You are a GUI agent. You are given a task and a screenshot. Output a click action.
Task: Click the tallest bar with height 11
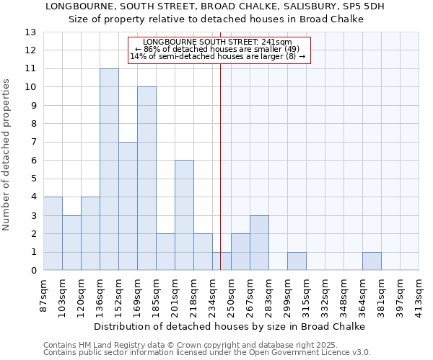(109, 169)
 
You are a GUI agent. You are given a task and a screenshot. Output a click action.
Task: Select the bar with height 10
(146, 179)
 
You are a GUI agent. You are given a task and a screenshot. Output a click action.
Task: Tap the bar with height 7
(128, 206)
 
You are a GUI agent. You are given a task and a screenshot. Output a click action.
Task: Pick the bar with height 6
(184, 215)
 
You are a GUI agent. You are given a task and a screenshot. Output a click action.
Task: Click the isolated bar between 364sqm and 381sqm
(372, 261)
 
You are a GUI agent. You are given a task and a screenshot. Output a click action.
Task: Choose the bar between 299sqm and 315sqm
(297, 261)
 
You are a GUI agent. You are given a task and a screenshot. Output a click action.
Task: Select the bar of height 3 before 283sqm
(259, 243)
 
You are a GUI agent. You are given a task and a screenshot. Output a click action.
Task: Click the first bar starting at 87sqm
(53, 233)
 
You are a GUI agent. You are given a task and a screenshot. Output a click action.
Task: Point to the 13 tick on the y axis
(30, 32)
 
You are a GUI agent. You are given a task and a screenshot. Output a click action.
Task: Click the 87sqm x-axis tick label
(44, 294)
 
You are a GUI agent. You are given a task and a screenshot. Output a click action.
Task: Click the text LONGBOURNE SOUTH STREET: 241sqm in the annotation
(217, 42)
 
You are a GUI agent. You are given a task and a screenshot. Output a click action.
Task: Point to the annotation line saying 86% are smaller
(217, 50)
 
